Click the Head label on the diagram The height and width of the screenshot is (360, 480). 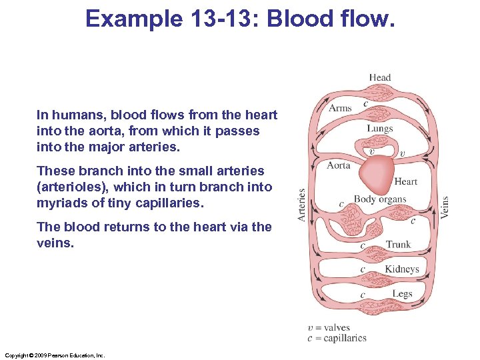pos(380,77)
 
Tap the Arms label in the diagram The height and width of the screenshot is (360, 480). pos(340,108)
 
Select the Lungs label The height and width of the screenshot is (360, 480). pos(380,129)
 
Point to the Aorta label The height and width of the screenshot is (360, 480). pos(339,165)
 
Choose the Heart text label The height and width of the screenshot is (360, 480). pos(406,181)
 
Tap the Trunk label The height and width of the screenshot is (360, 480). pos(399,245)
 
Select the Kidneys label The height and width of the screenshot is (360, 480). pos(401,269)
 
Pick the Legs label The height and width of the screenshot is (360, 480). pos(402,294)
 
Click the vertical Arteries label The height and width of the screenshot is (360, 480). pos(302,205)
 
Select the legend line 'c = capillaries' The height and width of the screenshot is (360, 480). pos(337,338)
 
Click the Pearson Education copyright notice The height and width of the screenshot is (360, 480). pos(55,355)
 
